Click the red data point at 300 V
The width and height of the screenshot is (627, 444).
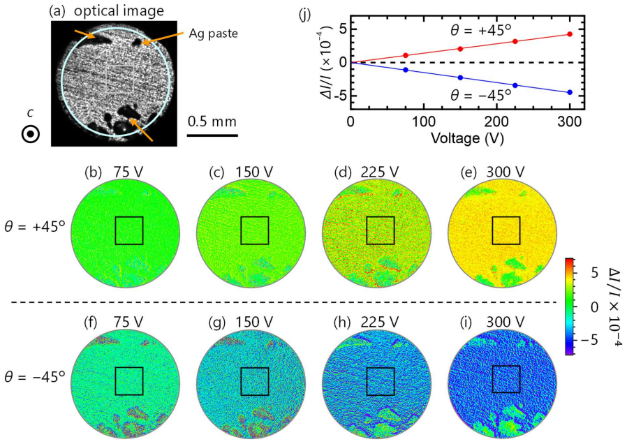pos(570,34)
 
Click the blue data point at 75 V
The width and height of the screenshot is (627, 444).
pos(406,70)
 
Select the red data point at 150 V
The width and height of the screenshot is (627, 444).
pos(460,49)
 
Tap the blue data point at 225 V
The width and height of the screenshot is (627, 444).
pos(515,85)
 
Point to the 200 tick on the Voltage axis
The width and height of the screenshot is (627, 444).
pos(496,121)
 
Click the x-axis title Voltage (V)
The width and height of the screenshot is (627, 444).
pos(467,138)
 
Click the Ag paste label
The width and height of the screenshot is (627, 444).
pos(213,34)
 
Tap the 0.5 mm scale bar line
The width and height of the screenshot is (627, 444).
pos(212,135)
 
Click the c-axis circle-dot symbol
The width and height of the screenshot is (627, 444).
pos(31,134)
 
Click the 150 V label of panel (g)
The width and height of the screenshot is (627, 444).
pos(254,322)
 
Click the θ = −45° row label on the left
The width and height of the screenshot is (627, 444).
pos(34,377)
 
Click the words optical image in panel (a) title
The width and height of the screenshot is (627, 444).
pos(119,10)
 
